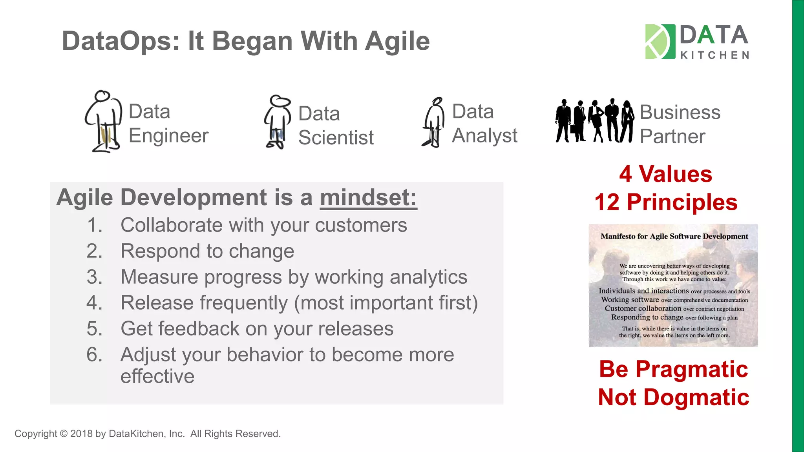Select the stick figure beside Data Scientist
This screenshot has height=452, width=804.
click(x=277, y=122)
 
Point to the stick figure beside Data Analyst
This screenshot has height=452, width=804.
click(x=433, y=122)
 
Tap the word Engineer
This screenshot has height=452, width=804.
click(x=168, y=136)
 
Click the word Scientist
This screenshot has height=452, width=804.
click(x=336, y=138)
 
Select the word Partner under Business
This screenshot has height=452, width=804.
click(x=672, y=137)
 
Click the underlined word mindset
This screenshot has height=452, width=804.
click(x=368, y=197)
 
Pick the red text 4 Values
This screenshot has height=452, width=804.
click(x=666, y=174)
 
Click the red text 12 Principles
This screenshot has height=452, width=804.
click(x=666, y=202)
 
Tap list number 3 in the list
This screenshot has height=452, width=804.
click(x=94, y=277)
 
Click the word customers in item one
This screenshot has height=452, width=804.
click(x=361, y=226)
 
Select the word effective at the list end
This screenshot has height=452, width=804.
click(x=157, y=376)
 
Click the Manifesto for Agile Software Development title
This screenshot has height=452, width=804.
click(x=674, y=237)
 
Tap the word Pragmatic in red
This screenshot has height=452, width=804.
click(x=691, y=370)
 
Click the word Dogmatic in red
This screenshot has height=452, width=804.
click(x=696, y=397)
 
